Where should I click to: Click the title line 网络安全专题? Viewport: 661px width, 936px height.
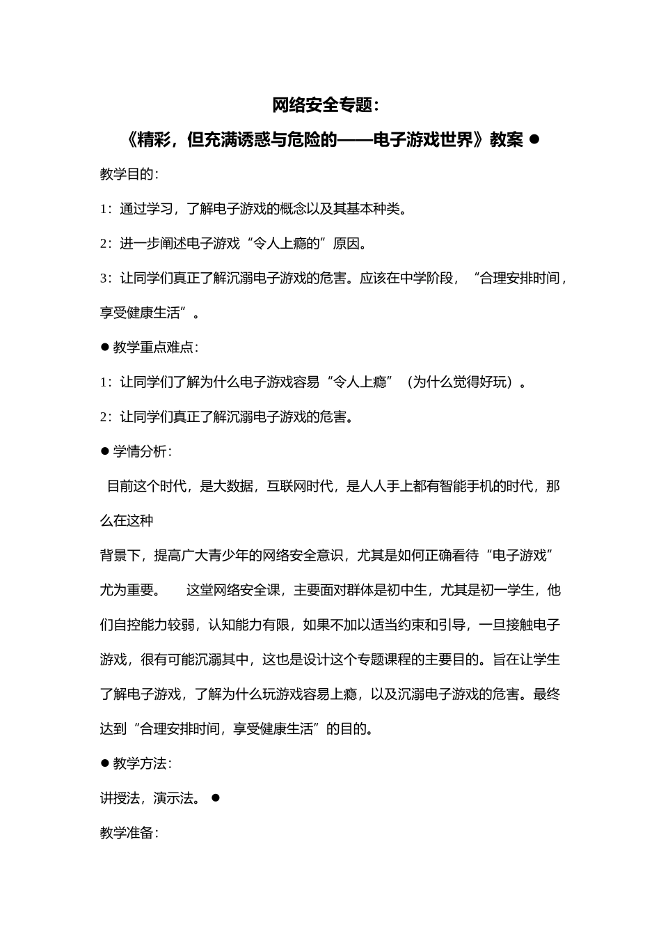326,106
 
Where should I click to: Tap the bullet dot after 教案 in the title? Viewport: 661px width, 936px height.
534,139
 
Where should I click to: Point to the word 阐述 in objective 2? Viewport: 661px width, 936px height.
174,244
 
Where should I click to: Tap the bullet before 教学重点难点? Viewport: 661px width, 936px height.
105,347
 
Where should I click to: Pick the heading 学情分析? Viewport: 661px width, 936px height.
140,451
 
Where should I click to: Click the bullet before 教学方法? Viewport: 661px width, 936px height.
105,763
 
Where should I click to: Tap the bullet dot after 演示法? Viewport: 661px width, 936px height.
215,797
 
